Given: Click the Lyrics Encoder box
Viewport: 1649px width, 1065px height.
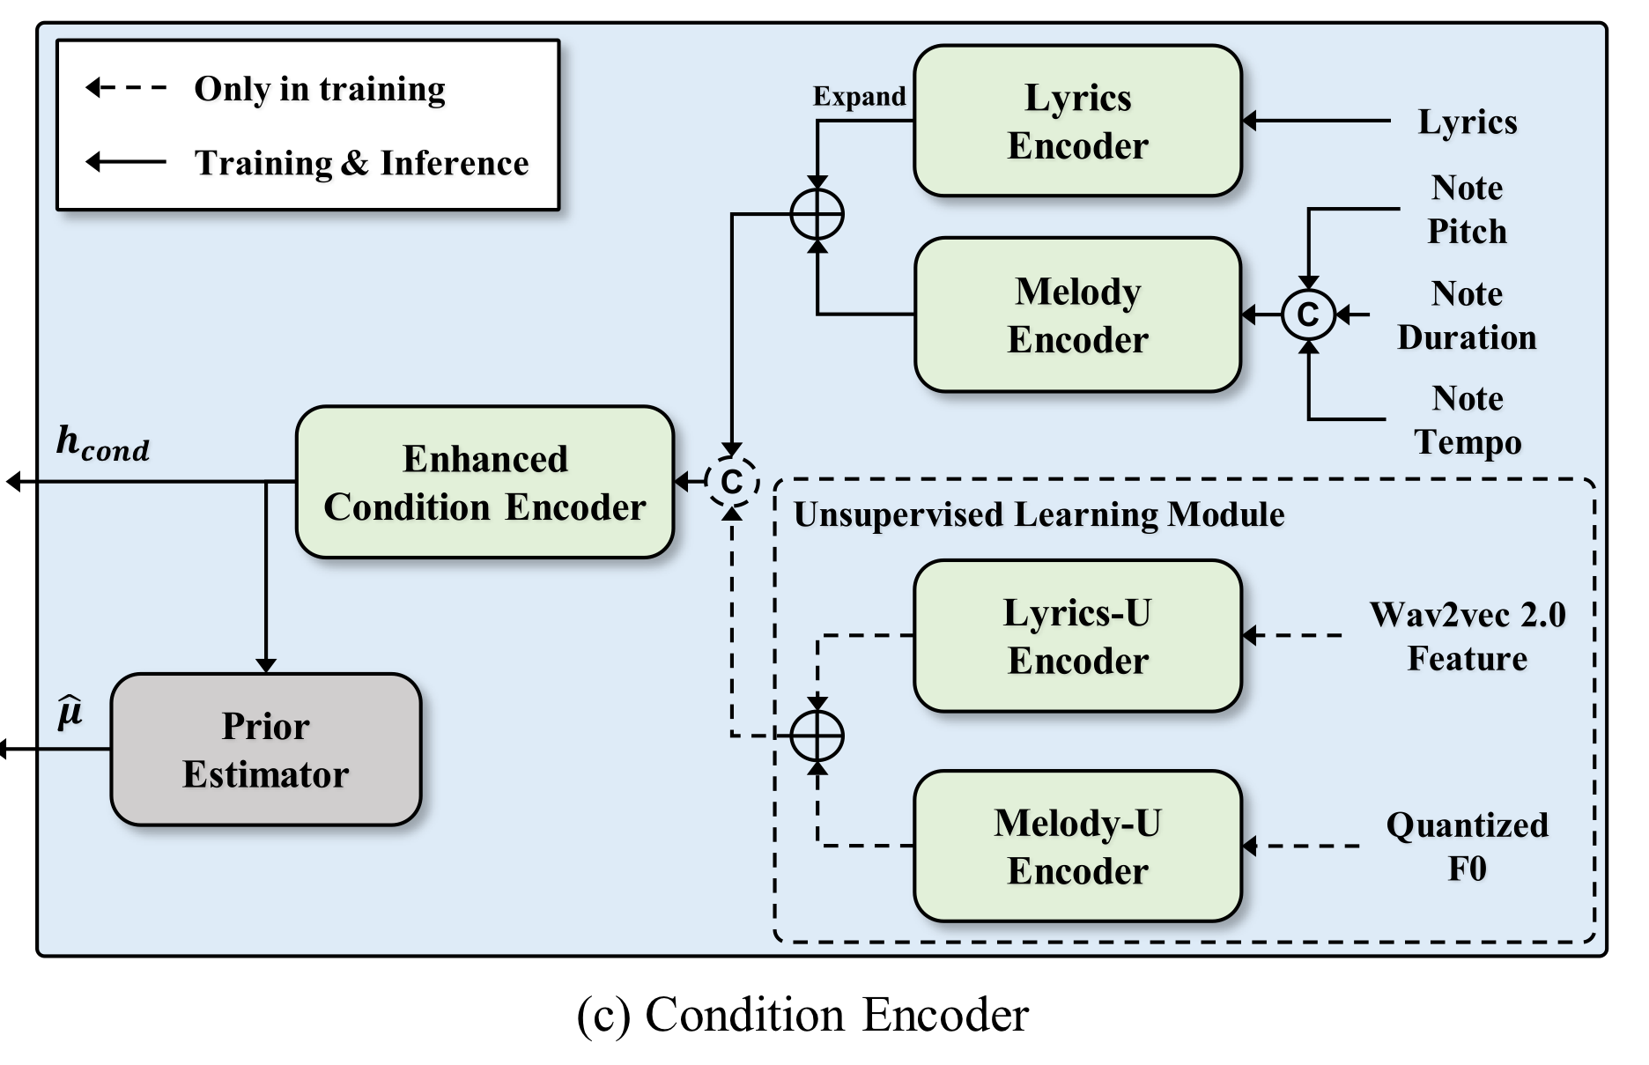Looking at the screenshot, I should pos(1077,121).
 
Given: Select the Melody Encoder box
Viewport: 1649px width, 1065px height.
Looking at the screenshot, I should pos(1077,314).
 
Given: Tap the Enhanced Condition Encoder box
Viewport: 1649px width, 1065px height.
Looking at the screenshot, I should pos(484,482).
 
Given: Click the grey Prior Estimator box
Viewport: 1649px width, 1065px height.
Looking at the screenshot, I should pos(265,750).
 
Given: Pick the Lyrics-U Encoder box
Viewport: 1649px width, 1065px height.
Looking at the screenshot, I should pos(1077,635).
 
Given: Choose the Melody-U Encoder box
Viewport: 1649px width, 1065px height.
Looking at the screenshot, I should pos(1077,846).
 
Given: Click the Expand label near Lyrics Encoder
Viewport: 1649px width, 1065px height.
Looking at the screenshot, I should pos(859,96).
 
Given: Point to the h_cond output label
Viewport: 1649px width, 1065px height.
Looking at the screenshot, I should pos(102,443).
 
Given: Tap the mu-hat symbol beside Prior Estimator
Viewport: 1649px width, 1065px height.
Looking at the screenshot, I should pos(70,712).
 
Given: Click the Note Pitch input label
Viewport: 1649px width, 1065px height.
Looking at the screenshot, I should pos(1467,210).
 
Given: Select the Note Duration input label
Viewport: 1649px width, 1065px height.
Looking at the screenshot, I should pos(1467,315).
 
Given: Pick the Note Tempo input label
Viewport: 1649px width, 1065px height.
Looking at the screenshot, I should pos(1468,420).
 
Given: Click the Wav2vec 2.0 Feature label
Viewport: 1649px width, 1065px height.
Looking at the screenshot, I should pos(1468,636).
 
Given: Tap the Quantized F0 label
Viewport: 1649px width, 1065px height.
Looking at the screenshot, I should pos(1467,847).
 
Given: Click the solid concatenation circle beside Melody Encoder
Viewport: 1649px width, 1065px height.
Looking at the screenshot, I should pos(1308,314).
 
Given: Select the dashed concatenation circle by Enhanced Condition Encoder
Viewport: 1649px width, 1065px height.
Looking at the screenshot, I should pos(731,482).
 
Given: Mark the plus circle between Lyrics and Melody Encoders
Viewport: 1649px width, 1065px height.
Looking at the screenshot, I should pos(817,214).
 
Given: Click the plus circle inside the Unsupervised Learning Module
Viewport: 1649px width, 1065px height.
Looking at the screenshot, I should pos(817,736).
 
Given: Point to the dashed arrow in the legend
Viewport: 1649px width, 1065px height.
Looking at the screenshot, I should pos(126,87).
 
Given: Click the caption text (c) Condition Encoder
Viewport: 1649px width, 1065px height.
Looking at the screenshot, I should pos(802,1015).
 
